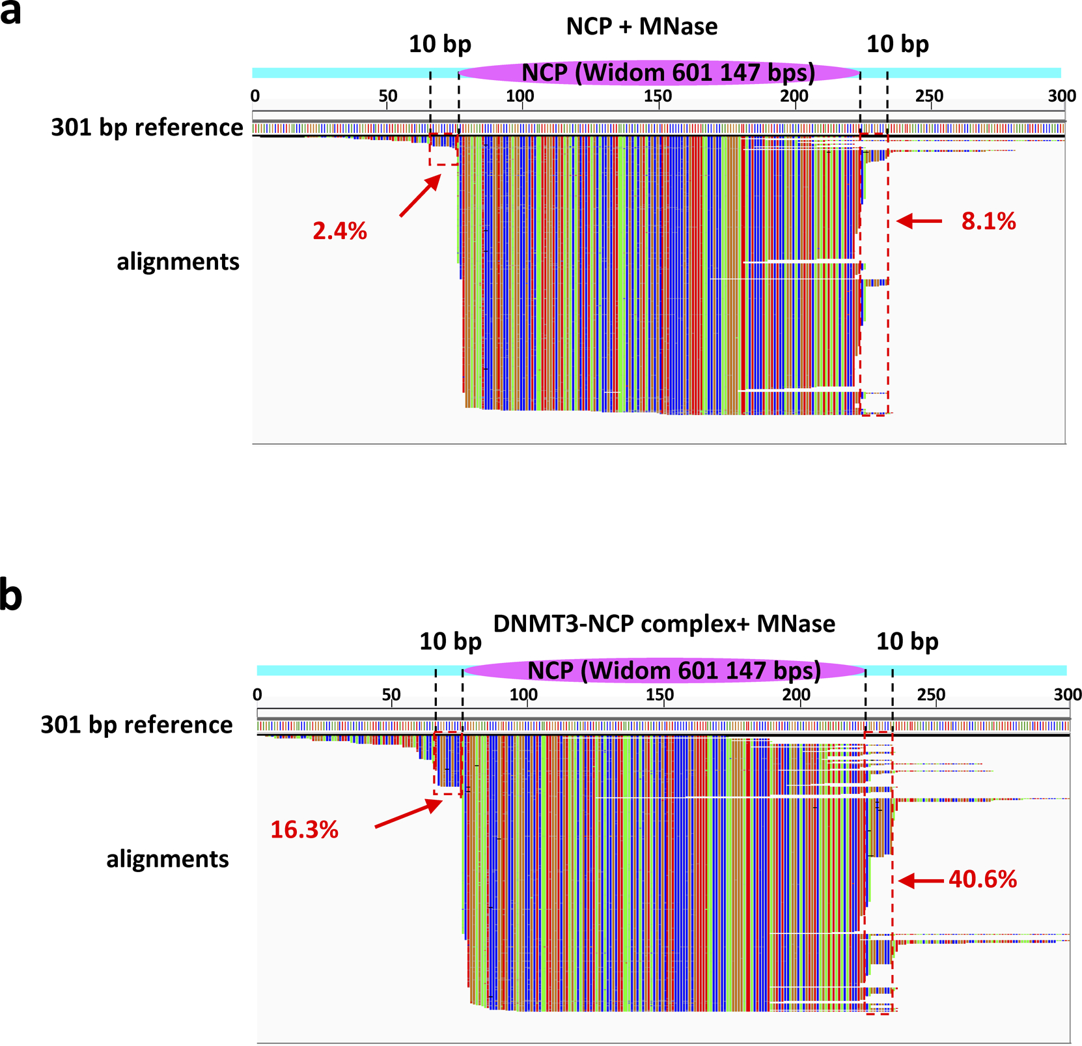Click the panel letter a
click(x=11, y=13)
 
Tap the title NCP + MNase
click(x=642, y=27)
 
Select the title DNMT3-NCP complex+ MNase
click(x=664, y=624)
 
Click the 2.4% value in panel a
click(x=340, y=231)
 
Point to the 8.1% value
click(x=988, y=221)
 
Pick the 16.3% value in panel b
click(x=304, y=830)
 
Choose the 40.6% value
click(x=982, y=880)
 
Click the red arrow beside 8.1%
click(x=919, y=221)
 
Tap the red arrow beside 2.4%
click(x=420, y=197)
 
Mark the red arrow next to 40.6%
click(x=921, y=881)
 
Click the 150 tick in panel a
click(x=658, y=96)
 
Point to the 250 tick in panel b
click(x=931, y=694)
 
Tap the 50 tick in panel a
click(x=387, y=96)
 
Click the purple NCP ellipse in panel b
click(x=664, y=671)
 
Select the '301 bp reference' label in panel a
click(x=147, y=128)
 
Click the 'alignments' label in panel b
click(x=167, y=859)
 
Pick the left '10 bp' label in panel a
click(x=440, y=44)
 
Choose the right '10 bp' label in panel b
click(x=907, y=642)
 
